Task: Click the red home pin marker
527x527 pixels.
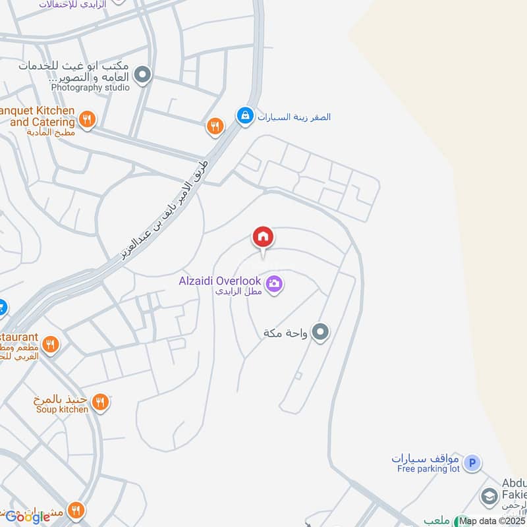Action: pyautogui.click(x=263, y=237)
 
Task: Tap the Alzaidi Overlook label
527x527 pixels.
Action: pyautogui.click(x=220, y=281)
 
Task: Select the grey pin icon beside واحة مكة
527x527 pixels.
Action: pyautogui.click(x=321, y=332)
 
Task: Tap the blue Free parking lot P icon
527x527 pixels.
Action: pyautogui.click(x=472, y=464)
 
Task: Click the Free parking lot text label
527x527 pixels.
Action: pyautogui.click(x=428, y=469)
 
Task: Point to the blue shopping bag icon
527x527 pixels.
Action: pyautogui.click(x=245, y=117)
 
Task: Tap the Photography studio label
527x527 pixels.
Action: pyautogui.click(x=90, y=87)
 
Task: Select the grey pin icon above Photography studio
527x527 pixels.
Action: pyautogui.click(x=143, y=76)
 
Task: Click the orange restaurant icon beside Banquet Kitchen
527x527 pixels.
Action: pyautogui.click(x=87, y=120)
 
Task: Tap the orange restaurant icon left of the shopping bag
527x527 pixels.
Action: pyautogui.click(x=215, y=126)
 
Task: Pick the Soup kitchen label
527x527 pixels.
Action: pyautogui.click(x=62, y=410)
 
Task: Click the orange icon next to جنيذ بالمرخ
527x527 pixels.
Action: pyautogui.click(x=100, y=402)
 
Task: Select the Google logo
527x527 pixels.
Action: pyautogui.click(x=28, y=516)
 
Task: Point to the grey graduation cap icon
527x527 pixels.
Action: pyautogui.click(x=489, y=495)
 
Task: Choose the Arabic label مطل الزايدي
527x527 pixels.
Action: pyautogui.click(x=238, y=291)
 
